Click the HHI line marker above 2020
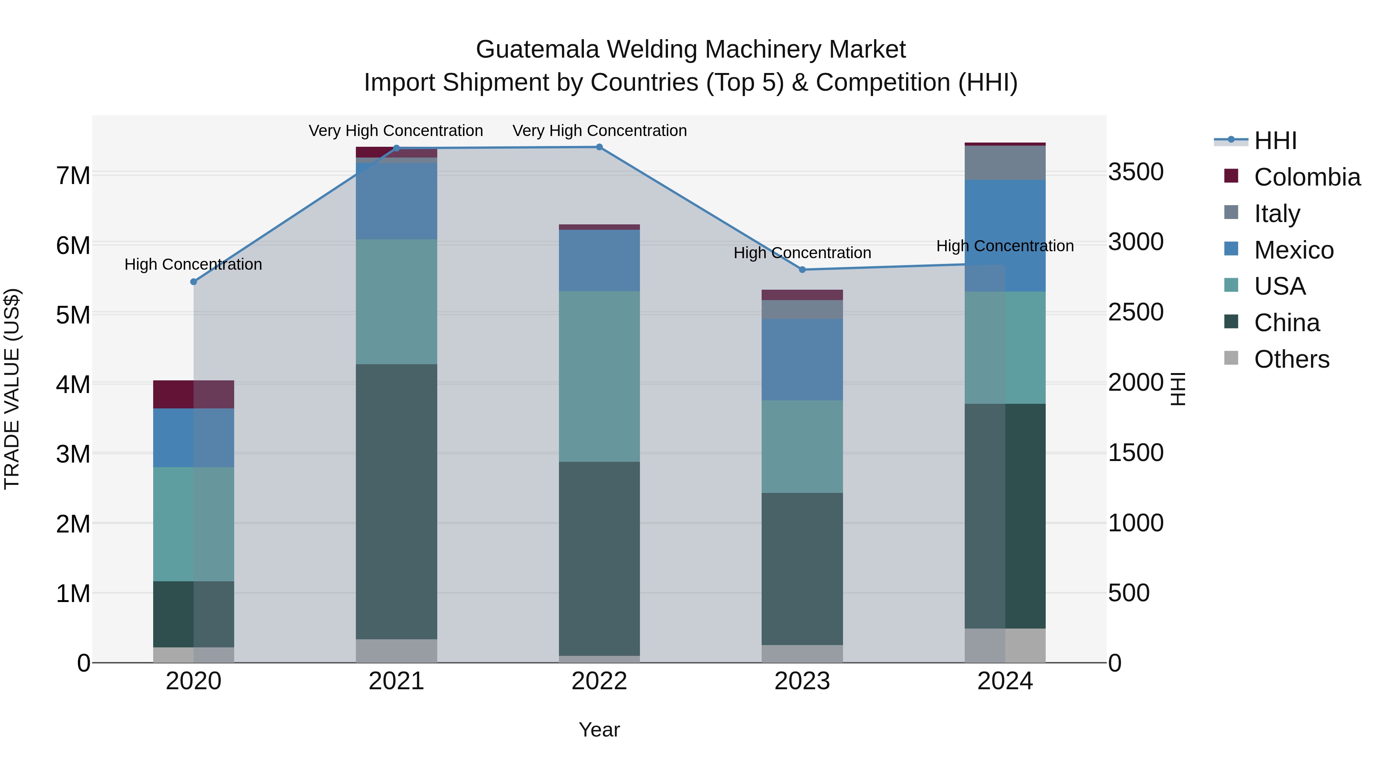tap(194, 282)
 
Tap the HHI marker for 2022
tap(599, 147)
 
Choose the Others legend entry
tap(1291, 359)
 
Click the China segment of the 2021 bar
tap(397, 501)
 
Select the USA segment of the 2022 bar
tap(599, 377)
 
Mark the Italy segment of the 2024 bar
tap(1005, 163)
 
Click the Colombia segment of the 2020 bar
tap(194, 394)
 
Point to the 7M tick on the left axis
tap(73, 176)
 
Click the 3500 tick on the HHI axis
tap(1136, 173)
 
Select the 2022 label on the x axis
tap(599, 681)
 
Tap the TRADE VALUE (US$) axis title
tap(12, 389)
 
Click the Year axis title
tap(599, 730)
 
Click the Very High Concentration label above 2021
tap(396, 131)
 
